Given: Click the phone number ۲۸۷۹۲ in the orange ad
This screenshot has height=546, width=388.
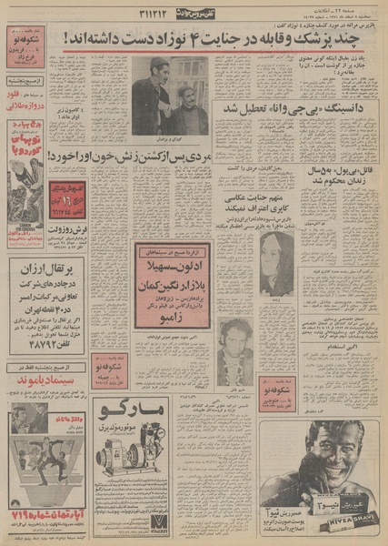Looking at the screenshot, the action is click(x=42, y=351).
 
